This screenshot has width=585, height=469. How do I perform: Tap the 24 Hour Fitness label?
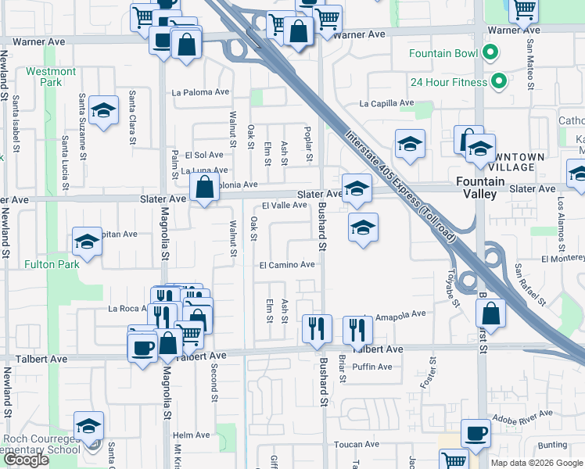[x=448, y=82]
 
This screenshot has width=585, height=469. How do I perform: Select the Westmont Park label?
[x=51, y=77]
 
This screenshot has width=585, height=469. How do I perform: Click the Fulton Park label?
[x=51, y=264]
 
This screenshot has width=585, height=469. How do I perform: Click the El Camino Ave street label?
[x=287, y=264]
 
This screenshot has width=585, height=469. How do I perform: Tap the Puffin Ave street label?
[x=371, y=367]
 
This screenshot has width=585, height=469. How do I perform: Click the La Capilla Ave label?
[x=386, y=103]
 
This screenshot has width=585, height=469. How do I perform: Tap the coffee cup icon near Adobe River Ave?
[x=476, y=433]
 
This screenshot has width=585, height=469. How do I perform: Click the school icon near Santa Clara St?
[x=103, y=112]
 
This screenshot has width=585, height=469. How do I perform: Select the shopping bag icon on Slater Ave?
[x=204, y=188]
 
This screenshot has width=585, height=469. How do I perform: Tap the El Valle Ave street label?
[x=284, y=205]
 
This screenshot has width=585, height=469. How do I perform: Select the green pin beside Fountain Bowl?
[x=490, y=53]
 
